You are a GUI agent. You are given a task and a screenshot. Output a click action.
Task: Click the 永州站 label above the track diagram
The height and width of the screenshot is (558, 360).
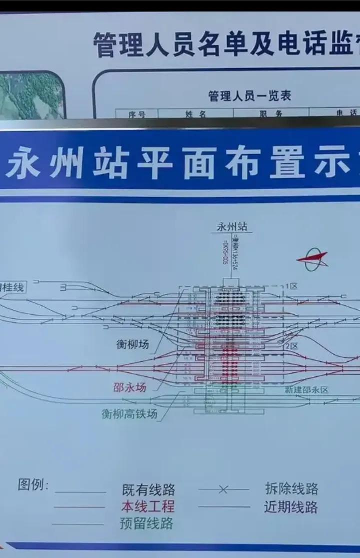point(231,227)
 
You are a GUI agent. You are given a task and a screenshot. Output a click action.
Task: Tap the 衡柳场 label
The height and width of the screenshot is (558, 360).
point(132,344)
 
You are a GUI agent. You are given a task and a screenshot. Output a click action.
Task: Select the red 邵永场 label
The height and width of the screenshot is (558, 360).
point(129,387)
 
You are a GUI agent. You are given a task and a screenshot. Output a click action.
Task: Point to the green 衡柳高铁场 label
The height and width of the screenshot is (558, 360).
point(129,414)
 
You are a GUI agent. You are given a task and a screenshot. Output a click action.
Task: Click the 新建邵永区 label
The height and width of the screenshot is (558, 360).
point(306,390)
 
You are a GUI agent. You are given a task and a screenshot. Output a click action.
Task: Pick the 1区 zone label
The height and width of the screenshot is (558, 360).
point(291,287)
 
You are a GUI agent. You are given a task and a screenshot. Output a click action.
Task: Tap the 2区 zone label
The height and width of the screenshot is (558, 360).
point(291,346)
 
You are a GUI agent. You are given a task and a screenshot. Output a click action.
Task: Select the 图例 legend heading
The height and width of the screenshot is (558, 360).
point(33,484)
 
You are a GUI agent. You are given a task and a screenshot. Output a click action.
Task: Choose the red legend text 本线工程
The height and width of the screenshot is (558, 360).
point(148,506)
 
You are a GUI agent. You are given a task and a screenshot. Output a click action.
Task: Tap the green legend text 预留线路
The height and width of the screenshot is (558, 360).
point(146,523)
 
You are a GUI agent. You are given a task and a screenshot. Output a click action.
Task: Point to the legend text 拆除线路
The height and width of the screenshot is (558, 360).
point(291,488)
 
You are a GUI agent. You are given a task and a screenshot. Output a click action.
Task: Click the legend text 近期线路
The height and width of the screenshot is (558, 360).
point(291,507)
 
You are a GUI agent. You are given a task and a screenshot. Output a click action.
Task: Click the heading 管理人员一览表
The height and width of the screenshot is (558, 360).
point(249,95)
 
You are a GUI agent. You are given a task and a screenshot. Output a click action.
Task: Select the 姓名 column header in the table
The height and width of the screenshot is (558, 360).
point(195,114)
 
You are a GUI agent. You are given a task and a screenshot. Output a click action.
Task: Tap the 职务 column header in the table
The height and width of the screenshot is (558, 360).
point(270,114)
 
